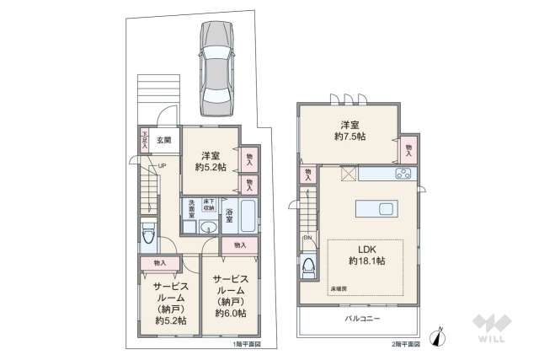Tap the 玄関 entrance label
tap(164, 140)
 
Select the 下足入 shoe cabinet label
tap(145, 138)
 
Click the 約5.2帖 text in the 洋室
tap(211, 167)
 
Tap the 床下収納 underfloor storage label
tap(209, 205)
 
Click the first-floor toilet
tap(148, 234)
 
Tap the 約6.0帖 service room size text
tap(230, 314)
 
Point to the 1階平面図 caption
tap(248, 345)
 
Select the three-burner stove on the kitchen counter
tap(402, 175)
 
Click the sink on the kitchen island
tap(386, 208)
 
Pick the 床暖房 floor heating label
tap(339, 288)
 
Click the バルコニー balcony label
tap(363, 319)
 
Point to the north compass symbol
tap(438, 336)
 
